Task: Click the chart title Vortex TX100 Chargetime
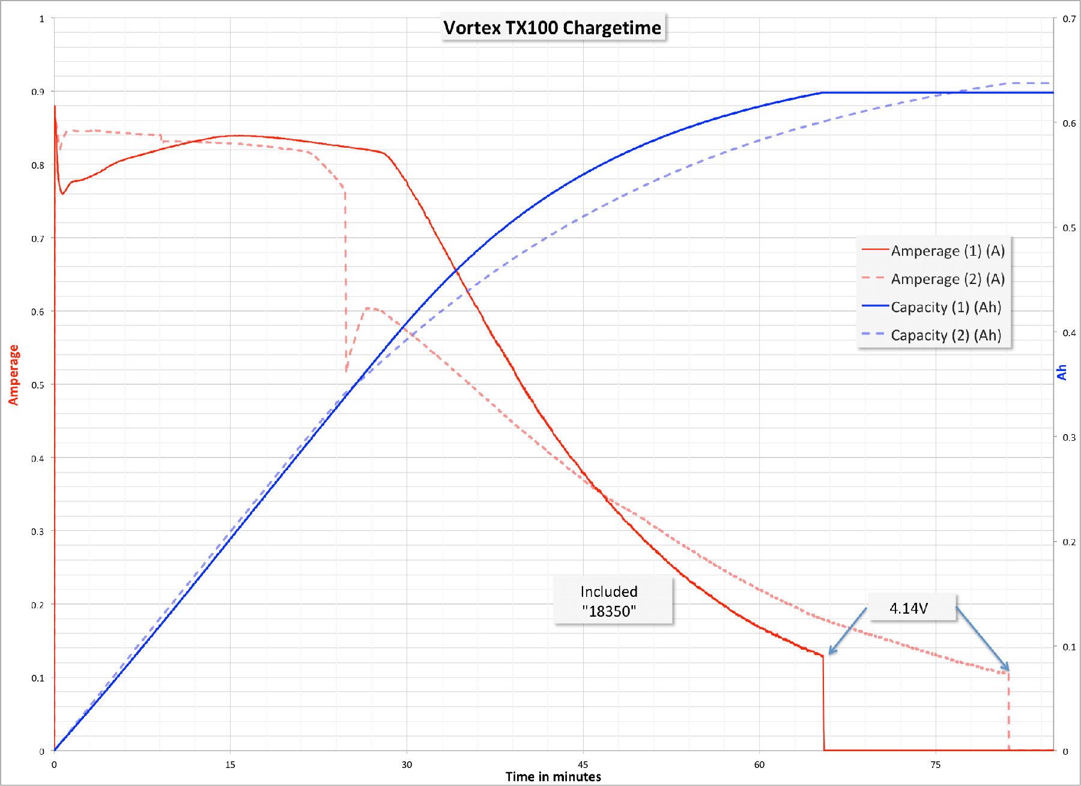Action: point(553,28)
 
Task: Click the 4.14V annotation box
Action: point(909,608)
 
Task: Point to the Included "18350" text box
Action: point(609,601)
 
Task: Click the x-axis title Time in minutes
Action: point(553,777)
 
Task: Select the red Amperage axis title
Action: point(14,375)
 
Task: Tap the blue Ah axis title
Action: point(1062,372)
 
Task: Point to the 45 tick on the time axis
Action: point(583,764)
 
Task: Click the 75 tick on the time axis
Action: point(936,764)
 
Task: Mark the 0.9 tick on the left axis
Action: point(38,92)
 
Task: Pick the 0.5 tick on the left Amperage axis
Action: point(38,385)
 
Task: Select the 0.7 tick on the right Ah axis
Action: point(1069,19)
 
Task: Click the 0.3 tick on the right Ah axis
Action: point(1069,437)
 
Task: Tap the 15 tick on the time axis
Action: point(230,764)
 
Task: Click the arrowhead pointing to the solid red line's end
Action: point(831,652)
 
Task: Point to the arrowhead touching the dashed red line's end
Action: point(1007,668)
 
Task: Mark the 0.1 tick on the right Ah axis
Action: point(1069,647)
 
